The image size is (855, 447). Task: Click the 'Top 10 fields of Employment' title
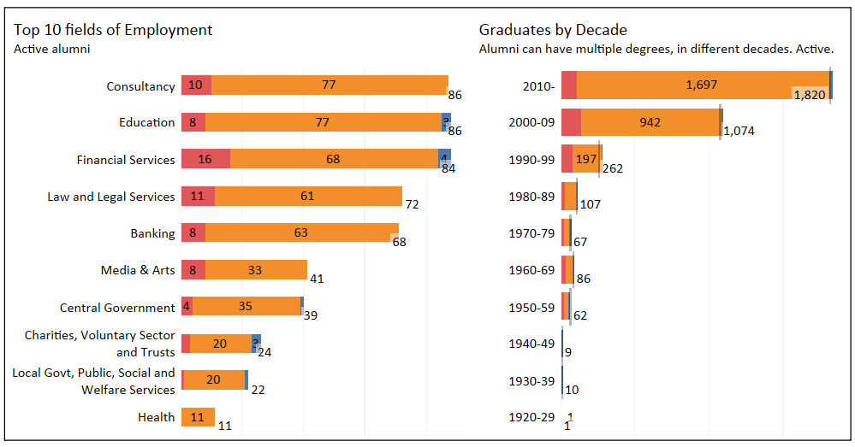[113, 30]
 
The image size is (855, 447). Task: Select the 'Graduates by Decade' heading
[553, 30]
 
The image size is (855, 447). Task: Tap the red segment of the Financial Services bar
[205, 159]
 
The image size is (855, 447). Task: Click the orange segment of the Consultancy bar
[330, 85]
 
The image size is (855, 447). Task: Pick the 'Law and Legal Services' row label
[111, 197]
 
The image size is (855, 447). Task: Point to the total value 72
[412, 205]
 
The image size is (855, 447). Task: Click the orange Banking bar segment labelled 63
[301, 233]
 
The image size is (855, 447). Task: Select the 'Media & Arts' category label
[138, 270]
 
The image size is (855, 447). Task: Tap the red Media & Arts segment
[193, 270]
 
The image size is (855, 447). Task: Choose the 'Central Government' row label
[117, 308]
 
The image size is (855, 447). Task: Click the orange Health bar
[198, 417]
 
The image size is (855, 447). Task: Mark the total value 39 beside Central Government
[311, 315]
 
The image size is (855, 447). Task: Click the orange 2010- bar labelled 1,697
[702, 85]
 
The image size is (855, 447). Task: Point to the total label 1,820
[810, 95]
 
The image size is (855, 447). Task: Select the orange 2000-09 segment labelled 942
[650, 122]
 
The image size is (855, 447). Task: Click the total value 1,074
[742, 132]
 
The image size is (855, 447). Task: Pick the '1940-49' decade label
[531, 344]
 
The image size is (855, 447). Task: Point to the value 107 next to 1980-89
[591, 205]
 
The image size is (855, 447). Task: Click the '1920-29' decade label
[531, 417]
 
